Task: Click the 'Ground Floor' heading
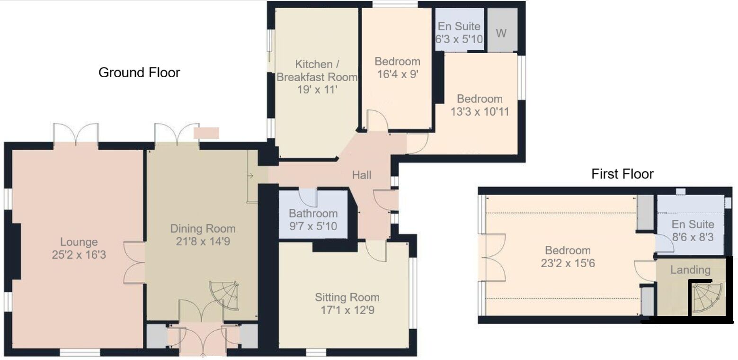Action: (x=139, y=73)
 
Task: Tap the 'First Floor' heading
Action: (x=622, y=174)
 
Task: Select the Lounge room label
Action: (x=79, y=242)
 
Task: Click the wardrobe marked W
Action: (x=501, y=33)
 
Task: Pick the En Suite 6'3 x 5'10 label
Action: (x=459, y=33)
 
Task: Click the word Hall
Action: (x=361, y=175)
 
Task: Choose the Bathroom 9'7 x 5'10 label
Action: (x=313, y=220)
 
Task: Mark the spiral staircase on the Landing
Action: (x=707, y=297)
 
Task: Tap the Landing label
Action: (x=690, y=270)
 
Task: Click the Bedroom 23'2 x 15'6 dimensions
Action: (x=568, y=263)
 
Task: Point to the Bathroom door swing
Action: (x=308, y=196)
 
